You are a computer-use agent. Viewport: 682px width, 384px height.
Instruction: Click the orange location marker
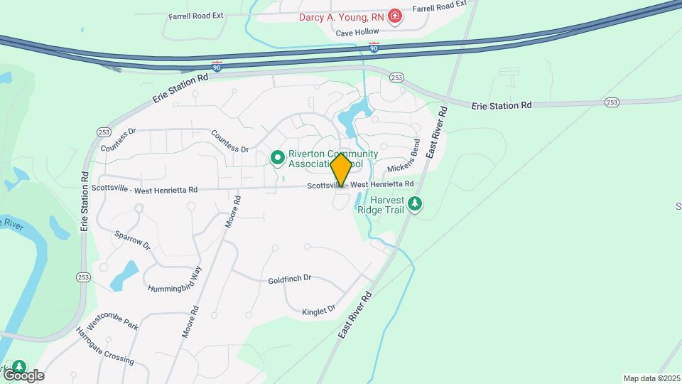tap(341, 169)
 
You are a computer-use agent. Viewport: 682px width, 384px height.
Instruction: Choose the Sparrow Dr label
tap(133, 239)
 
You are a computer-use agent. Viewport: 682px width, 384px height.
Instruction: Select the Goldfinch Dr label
tap(290, 280)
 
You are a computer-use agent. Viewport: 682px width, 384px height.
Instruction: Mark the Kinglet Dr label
tap(318, 310)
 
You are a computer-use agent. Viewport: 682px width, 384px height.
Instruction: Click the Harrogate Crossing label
tap(104, 347)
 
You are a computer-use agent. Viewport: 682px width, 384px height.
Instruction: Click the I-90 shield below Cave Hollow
tap(374, 47)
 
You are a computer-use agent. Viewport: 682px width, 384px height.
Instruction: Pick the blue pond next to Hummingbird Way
tap(125, 274)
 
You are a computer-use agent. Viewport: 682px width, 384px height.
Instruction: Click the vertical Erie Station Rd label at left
tap(85, 201)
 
